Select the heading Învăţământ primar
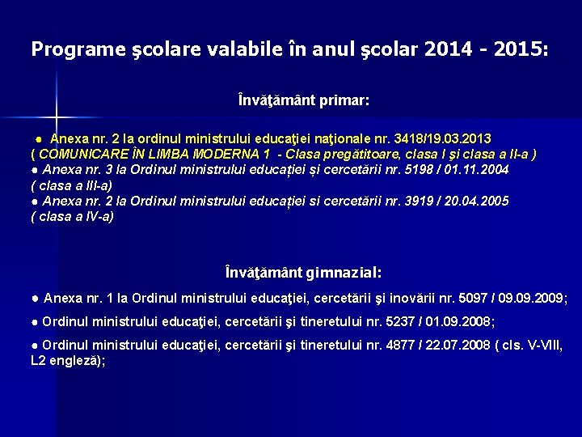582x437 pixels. [304, 101]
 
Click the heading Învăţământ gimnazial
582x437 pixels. [304, 274]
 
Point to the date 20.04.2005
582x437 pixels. [478, 201]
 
